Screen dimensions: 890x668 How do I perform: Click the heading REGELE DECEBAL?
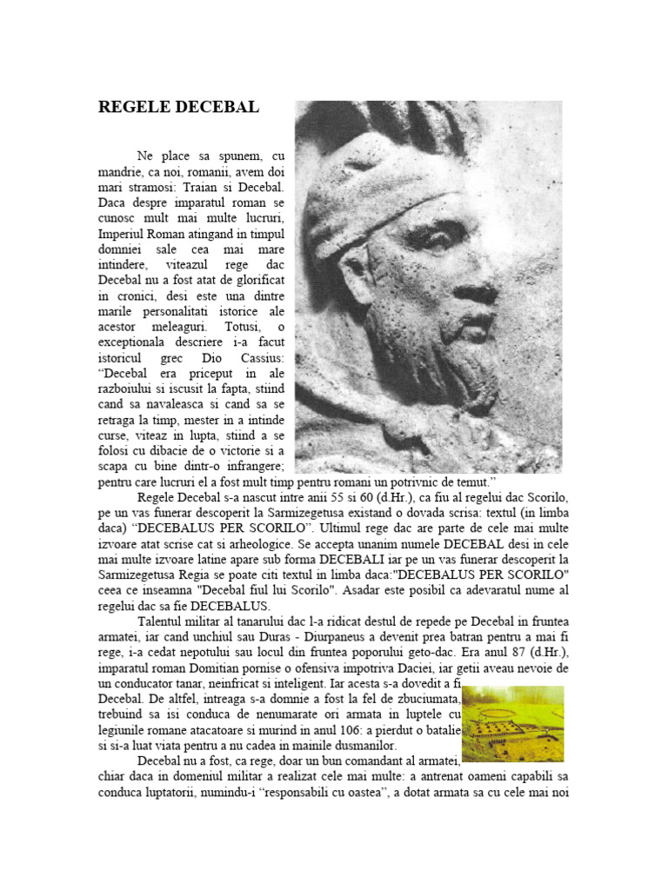click(178, 107)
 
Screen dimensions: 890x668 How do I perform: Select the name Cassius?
click(264, 358)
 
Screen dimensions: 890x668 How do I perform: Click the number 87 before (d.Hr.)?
click(518, 653)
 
